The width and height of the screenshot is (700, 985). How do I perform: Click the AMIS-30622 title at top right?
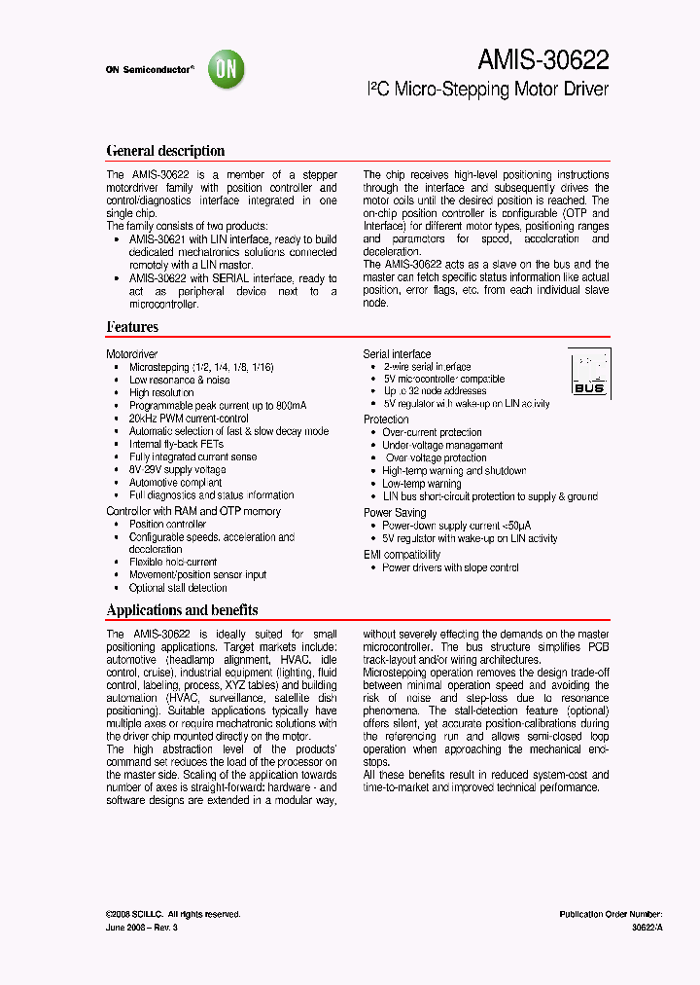(x=542, y=60)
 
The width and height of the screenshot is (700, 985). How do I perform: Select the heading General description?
(x=165, y=151)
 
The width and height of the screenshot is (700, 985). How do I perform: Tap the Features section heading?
(x=132, y=327)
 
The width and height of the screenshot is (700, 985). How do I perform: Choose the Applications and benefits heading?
(x=182, y=610)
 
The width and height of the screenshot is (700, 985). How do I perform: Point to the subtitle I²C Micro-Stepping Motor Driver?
(x=487, y=91)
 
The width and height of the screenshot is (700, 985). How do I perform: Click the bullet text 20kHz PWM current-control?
(x=189, y=419)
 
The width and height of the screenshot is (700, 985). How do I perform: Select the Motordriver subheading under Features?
(x=132, y=354)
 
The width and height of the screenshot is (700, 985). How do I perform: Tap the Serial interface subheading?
(x=397, y=354)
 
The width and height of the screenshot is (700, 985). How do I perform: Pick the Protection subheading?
(x=386, y=420)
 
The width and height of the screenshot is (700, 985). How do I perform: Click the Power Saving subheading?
(x=395, y=512)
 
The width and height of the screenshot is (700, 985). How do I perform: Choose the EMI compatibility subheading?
(x=402, y=555)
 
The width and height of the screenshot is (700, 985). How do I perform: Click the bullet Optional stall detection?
(x=178, y=588)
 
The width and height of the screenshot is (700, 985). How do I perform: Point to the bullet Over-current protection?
(x=432, y=432)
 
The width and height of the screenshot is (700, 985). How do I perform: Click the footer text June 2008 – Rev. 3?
(x=142, y=928)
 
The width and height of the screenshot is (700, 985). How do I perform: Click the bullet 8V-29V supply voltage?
(x=177, y=470)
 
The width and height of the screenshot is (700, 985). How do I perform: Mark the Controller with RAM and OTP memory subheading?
(x=193, y=511)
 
